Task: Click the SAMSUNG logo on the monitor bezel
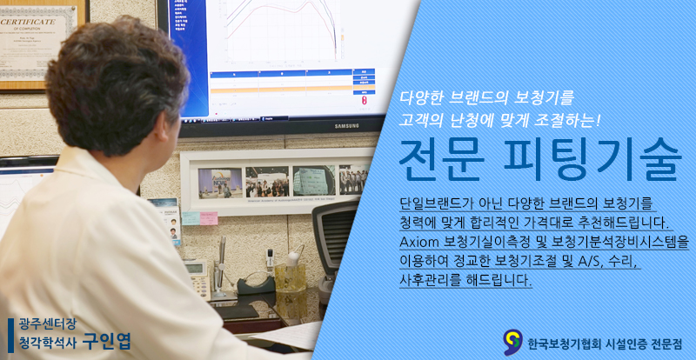click(346, 126)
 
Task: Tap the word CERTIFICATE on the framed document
click(29, 22)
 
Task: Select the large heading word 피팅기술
click(593, 160)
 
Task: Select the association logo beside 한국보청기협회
click(512, 343)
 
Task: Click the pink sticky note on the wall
click(209, 218)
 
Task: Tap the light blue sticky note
click(191, 218)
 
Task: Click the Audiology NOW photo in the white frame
click(220, 183)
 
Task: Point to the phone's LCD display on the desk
click(194, 268)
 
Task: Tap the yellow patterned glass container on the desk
click(291, 278)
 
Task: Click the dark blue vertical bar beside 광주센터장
click(10, 335)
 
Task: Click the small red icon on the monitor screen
click(365, 99)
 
